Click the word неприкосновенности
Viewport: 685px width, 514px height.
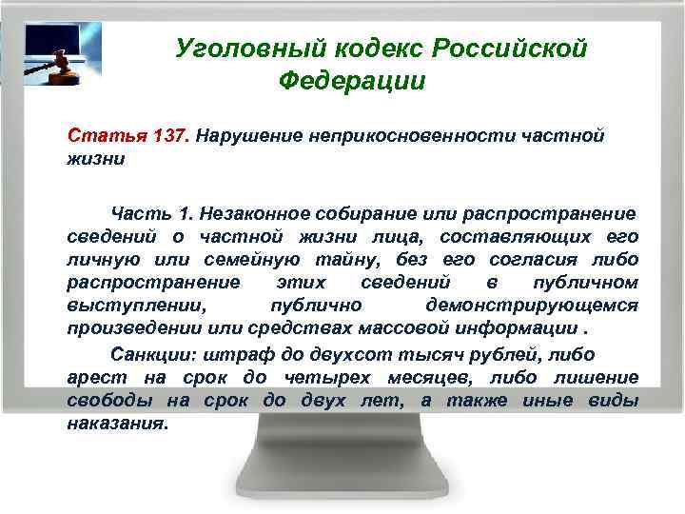[410, 135]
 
